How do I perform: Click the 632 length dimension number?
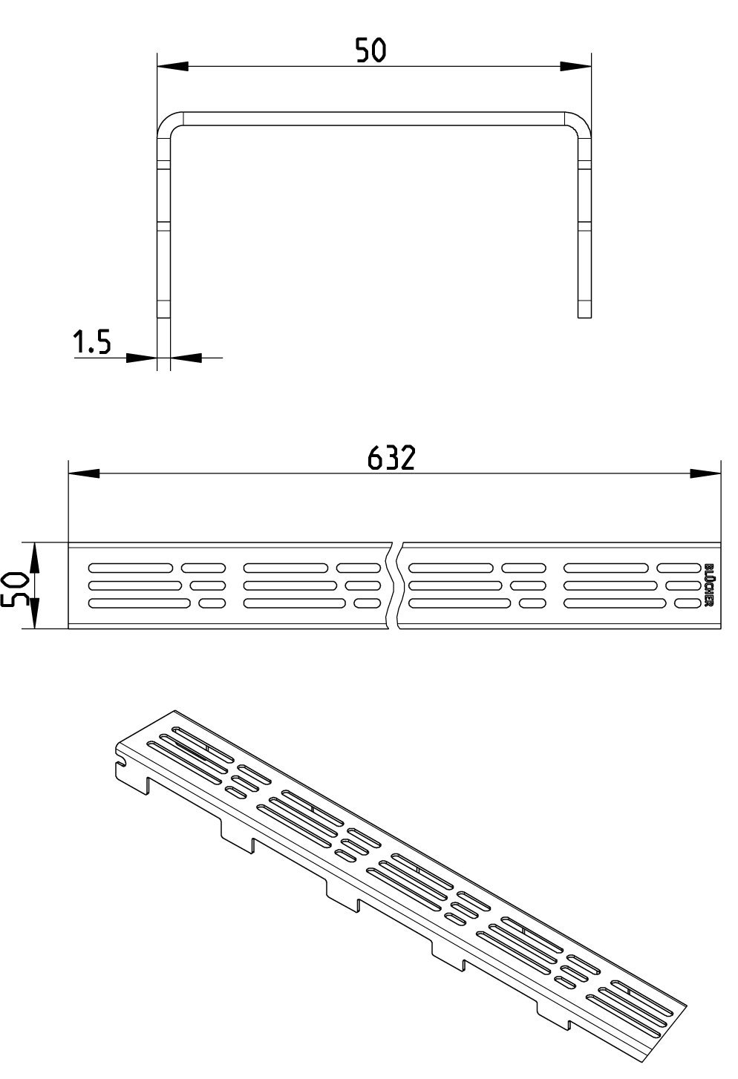click(x=391, y=458)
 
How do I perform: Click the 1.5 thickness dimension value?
click(x=92, y=342)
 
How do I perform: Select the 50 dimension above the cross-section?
click(x=370, y=50)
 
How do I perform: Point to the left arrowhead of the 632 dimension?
click(x=84, y=474)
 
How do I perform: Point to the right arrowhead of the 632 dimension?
click(x=705, y=474)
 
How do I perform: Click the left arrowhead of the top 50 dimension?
click(x=172, y=67)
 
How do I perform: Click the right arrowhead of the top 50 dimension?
click(x=575, y=67)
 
